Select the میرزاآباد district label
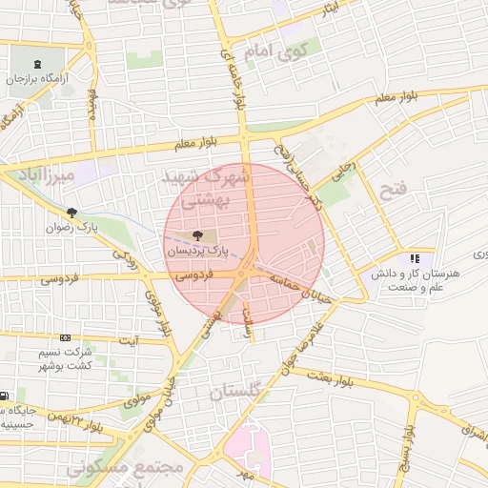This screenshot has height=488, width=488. (37, 175)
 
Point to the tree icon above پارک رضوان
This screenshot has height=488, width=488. (71, 212)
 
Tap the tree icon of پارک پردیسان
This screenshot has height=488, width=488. (197, 234)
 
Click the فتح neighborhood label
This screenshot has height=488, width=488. (393, 190)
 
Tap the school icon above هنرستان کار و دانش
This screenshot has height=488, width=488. (415, 258)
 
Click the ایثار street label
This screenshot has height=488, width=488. (329, 9)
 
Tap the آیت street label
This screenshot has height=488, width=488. (129, 339)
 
